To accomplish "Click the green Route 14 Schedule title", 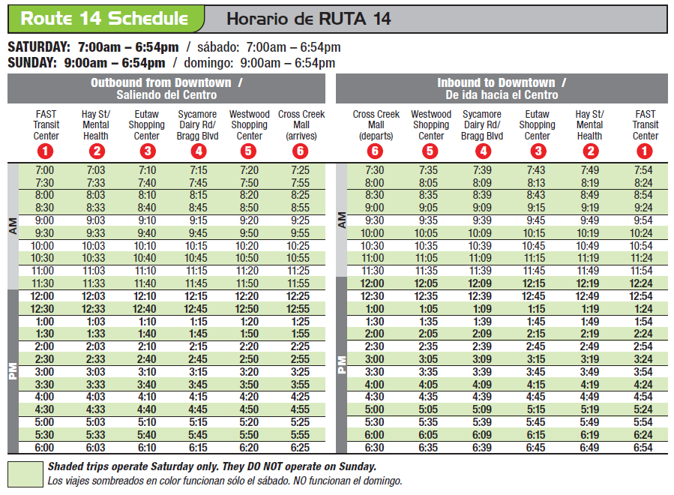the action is tap(104, 19).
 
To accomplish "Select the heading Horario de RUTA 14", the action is tap(309, 19).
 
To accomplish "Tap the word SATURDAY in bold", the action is tap(39, 47).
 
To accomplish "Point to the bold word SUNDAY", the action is tap(31, 63).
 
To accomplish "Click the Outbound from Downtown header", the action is tap(166, 82).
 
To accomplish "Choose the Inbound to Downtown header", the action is tap(502, 82).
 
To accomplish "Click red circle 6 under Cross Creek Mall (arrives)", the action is tap(301, 151).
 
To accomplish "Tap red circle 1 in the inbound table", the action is tap(644, 151).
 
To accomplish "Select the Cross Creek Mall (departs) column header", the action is tap(376, 124).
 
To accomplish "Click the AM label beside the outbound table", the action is tap(13, 226).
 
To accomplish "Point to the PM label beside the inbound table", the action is tap(342, 364).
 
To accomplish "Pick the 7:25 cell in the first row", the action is tap(300, 170).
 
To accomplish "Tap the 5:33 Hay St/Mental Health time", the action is tap(95, 435).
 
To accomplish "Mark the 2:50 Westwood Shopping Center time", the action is tap(249, 359).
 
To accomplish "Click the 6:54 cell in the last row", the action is tap(643, 448).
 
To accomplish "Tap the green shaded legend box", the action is tap(25, 474).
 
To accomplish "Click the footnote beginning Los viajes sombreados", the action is tap(225, 481).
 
